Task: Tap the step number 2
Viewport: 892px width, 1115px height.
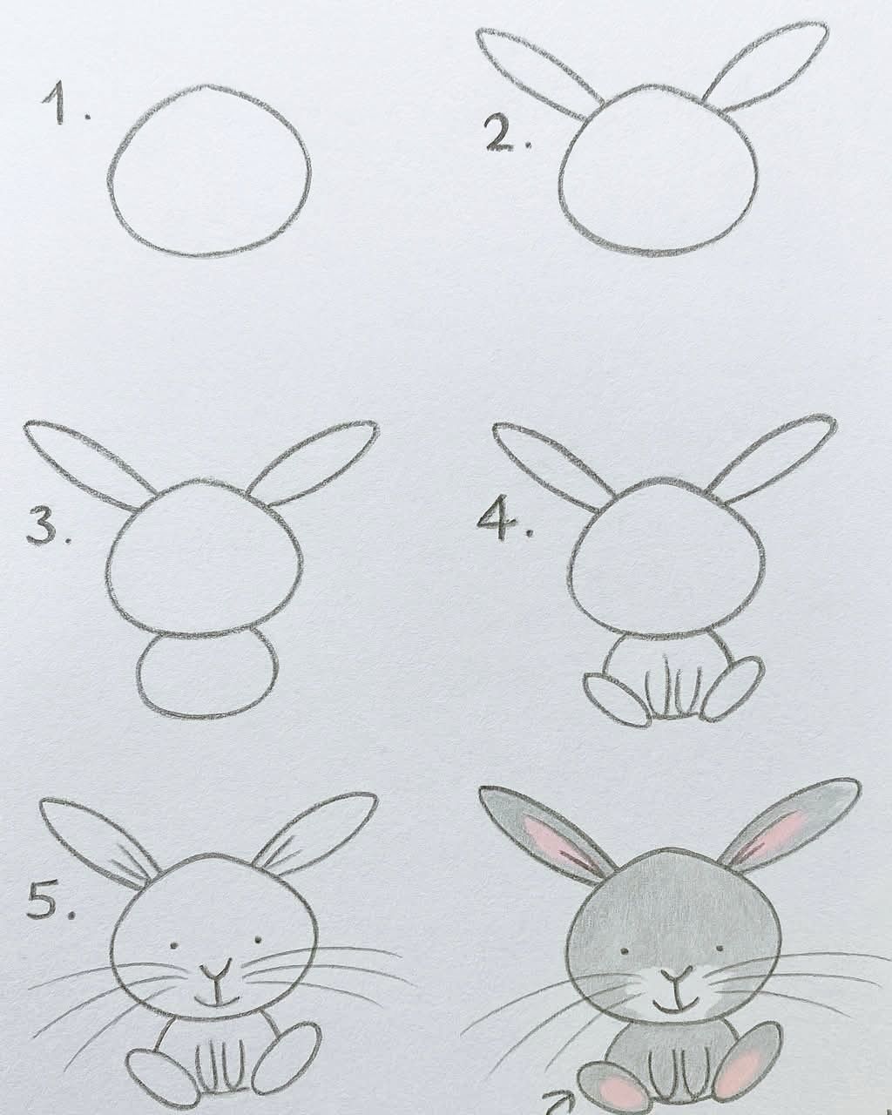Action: coord(508,132)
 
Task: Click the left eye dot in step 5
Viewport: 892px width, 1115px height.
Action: coord(174,945)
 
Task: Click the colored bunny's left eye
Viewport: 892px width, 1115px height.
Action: coord(625,950)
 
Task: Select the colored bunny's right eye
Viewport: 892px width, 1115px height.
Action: coord(720,948)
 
